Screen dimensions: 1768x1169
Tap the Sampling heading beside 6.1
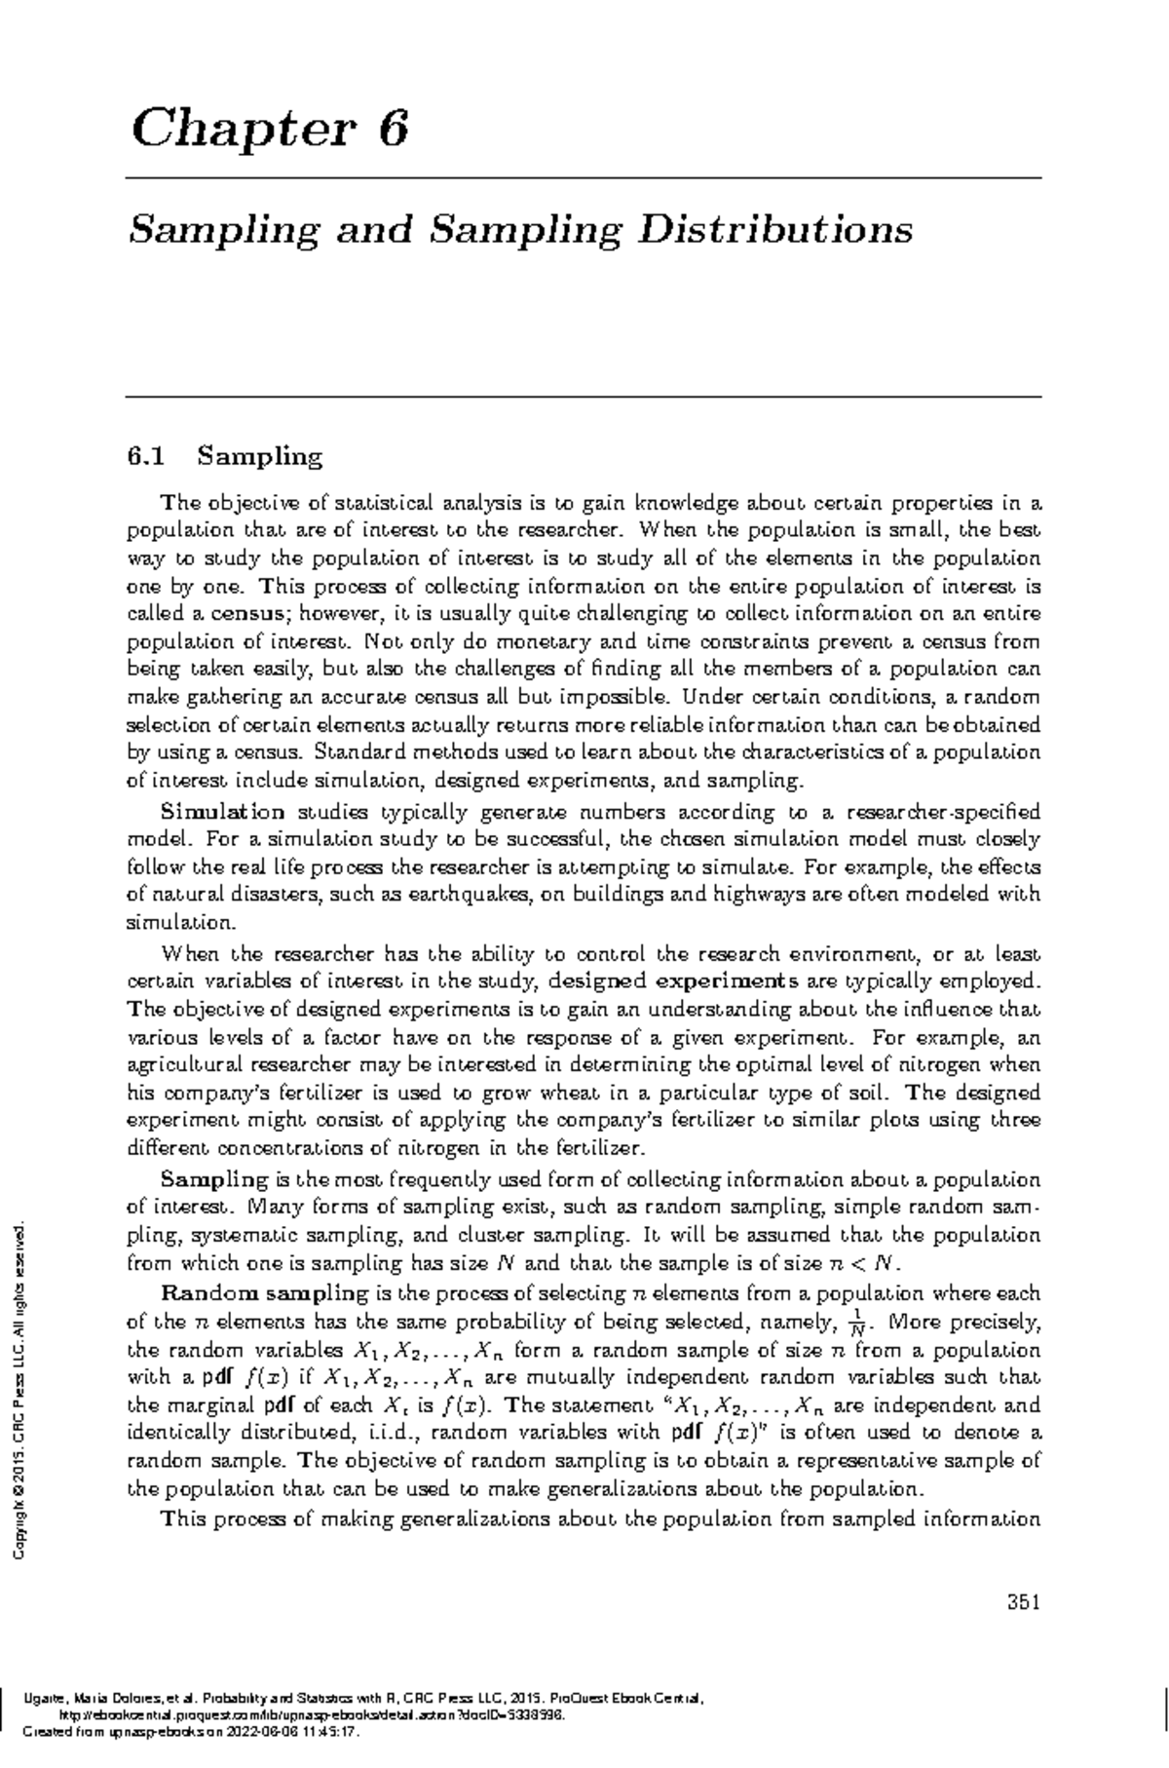258,456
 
